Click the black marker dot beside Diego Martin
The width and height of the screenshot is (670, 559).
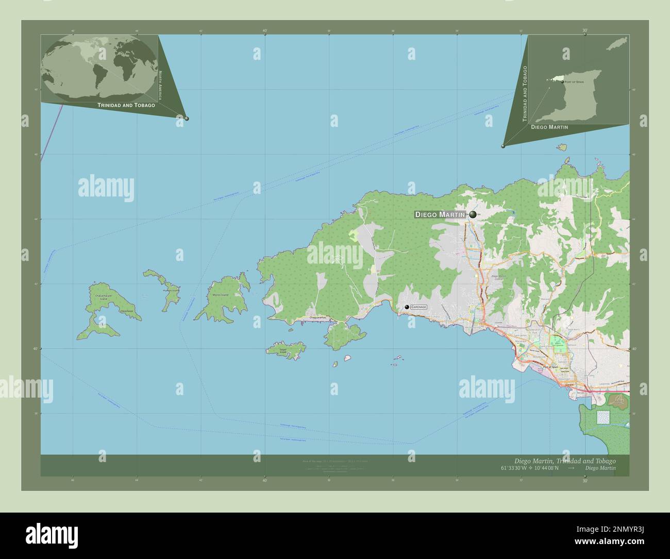[473, 215]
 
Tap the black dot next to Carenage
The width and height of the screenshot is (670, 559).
[407, 307]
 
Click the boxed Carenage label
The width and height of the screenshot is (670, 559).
[419, 307]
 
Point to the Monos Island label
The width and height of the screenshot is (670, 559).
[220, 295]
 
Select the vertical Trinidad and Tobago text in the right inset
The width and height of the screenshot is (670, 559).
[525, 93]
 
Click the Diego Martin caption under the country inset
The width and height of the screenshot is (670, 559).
[549, 127]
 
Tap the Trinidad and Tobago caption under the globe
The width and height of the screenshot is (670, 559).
[126, 105]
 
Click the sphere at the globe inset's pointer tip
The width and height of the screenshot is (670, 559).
[187, 119]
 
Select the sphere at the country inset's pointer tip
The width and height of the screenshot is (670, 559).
[503, 146]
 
